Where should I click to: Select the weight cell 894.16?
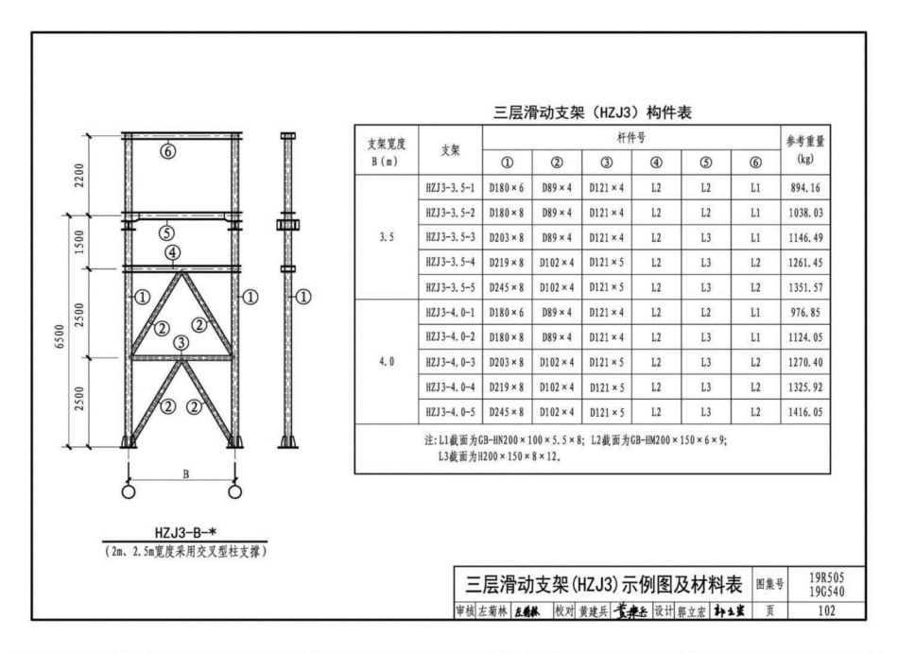[804, 188]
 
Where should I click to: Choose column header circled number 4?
[656, 162]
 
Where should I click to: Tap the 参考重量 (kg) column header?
[805, 149]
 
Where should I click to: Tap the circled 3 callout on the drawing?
[180, 344]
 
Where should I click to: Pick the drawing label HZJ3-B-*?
[181, 532]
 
